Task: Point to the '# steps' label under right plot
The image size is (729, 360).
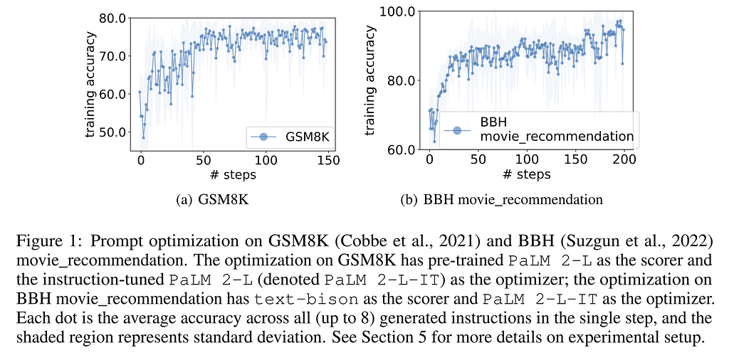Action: click(526, 174)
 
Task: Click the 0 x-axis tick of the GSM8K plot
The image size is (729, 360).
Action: click(140, 161)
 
